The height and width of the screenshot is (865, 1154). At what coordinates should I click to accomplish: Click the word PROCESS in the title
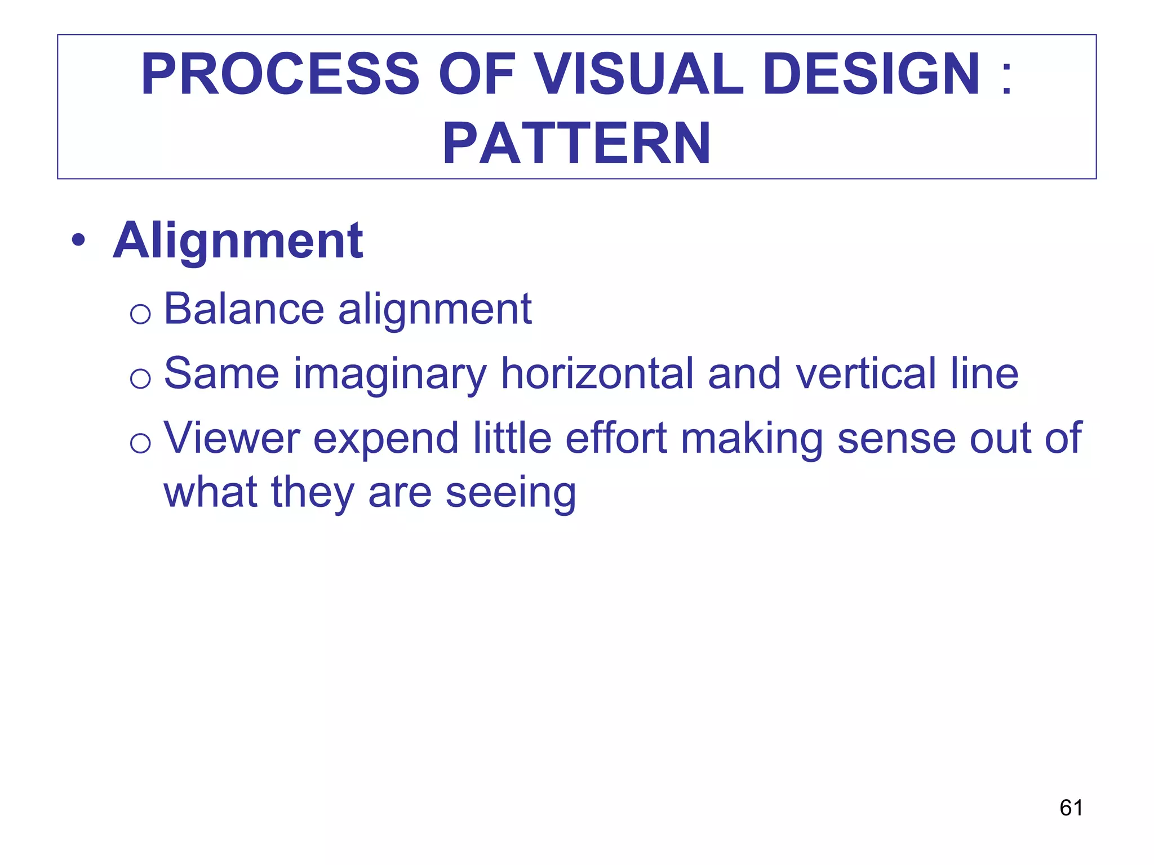point(280,75)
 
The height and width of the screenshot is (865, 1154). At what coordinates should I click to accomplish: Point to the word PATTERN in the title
point(576,144)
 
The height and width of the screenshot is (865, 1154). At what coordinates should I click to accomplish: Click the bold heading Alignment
point(238,241)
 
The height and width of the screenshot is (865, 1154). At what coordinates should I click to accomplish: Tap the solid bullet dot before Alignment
point(78,241)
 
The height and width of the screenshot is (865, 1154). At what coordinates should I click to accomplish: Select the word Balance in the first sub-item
point(244,309)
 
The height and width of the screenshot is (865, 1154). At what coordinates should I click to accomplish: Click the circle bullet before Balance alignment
point(140,314)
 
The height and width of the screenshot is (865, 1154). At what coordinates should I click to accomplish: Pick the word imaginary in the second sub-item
point(390,374)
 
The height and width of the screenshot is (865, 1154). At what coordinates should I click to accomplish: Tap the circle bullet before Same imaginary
point(140,378)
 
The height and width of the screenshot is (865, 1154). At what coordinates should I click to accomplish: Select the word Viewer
point(232,438)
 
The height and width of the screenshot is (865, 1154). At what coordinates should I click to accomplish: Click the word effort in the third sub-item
point(616,438)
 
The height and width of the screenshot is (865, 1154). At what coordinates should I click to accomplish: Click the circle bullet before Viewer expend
point(140,443)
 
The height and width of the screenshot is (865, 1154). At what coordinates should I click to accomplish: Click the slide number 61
point(1071,808)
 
